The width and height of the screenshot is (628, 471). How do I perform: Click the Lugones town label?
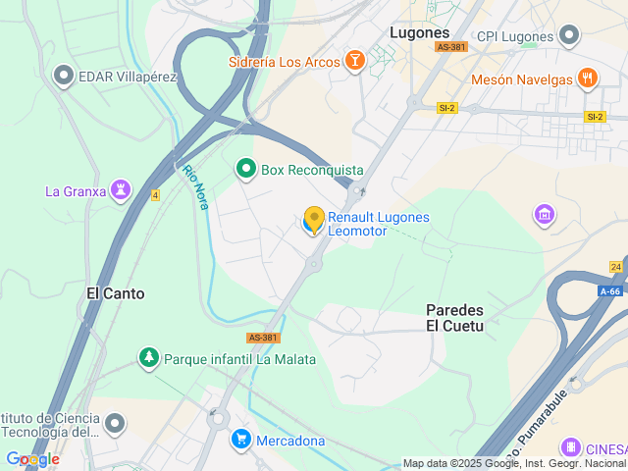(x=419, y=31)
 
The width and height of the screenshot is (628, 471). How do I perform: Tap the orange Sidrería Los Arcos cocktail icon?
(x=355, y=62)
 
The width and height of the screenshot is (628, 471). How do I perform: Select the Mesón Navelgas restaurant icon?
(x=588, y=78)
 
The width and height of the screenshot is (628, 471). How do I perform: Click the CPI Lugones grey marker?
(x=569, y=36)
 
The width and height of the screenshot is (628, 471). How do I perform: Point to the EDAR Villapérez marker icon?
(x=65, y=75)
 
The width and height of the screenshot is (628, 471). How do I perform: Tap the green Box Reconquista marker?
(x=246, y=170)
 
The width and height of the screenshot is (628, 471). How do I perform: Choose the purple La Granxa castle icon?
(x=122, y=190)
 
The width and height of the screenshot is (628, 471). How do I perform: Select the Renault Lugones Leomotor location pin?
(x=314, y=220)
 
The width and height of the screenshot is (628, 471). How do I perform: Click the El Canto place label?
(x=116, y=292)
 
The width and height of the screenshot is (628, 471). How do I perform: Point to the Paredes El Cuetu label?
(x=454, y=317)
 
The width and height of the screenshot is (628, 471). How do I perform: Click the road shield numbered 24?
(x=615, y=266)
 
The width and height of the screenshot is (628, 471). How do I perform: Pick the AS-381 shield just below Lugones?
(x=452, y=47)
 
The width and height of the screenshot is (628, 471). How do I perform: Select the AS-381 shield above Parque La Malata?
(x=263, y=338)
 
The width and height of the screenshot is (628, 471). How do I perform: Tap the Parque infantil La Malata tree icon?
(x=149, y=359)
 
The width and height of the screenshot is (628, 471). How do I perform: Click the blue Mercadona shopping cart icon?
(x=240, y=440)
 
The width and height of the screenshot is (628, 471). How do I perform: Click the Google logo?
(x=32, y=458)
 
